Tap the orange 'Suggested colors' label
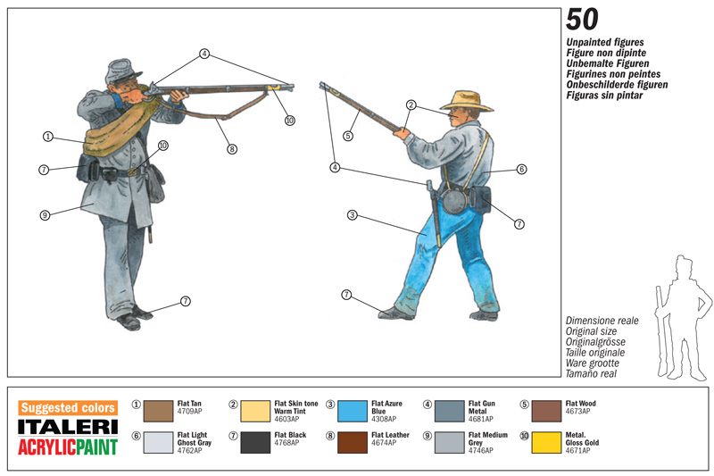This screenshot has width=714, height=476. point(67,407)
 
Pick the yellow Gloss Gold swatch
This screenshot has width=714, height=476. point(544,442)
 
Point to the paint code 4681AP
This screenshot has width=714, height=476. point(482,419)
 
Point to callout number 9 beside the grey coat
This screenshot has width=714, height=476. point(44,214)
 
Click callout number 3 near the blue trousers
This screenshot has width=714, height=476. point(353,215)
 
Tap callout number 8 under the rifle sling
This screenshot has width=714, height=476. point(231,149)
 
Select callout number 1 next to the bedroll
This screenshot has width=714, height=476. point(47,137)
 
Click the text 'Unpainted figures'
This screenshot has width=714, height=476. point(605,42)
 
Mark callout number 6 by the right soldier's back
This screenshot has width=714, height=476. point(521,169)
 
